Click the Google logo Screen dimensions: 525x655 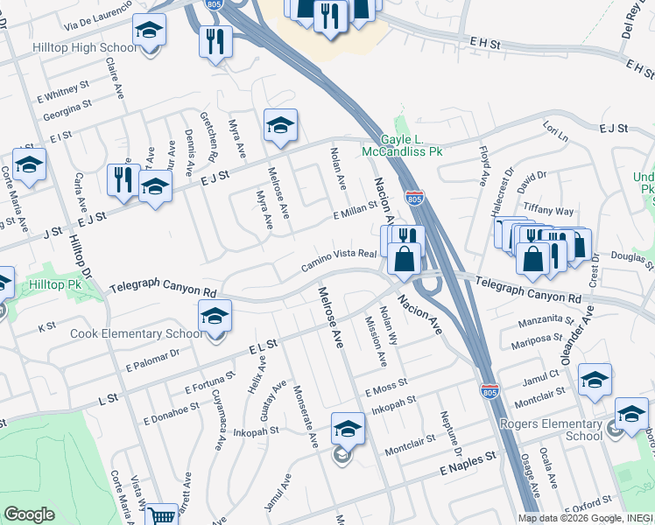29,514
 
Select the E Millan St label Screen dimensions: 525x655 355,211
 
